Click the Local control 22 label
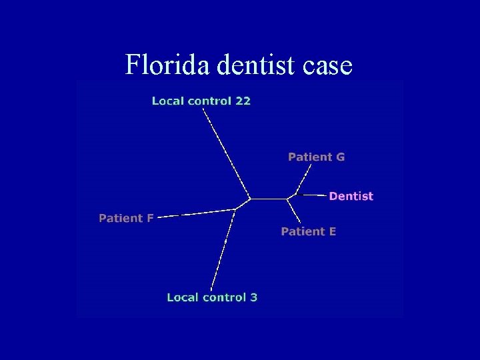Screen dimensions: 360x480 pyautogui.click(x=201, y=101)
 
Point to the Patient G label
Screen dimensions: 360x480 pyautogui.click(x=316, y=157)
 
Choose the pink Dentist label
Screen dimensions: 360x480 pyautogui.click(x=351, y=196)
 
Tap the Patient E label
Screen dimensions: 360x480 pyautogui.click(x=308, y=231)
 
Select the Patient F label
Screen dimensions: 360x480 pyautogui.click(x=126, y=218)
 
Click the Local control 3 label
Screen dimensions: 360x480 pyautogui.click(x=212, y=297)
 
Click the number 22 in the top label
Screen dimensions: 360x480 pyautogui.click(x=243, y=101)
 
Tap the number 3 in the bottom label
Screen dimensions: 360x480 pyautogui.click(x=253, y=297)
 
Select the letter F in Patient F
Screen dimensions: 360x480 pyautogui.click(x=150, y=218)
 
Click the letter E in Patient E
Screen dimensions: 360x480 pyautogui.click(x=332, y=231)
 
